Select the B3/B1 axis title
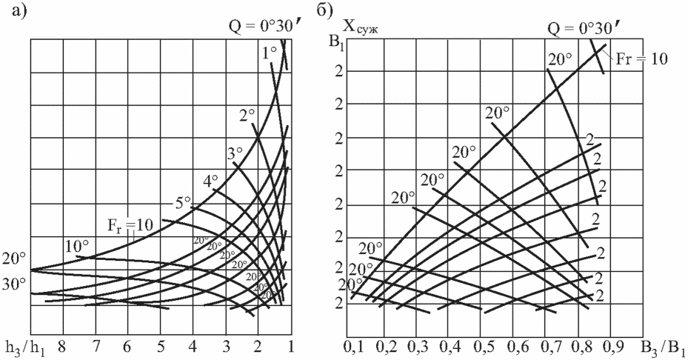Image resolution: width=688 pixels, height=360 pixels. pyautogui.click(x=664, y=346)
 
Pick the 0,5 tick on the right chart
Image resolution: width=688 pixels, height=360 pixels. pyautogui.click(x=481, y=347)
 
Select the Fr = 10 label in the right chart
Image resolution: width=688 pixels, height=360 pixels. pyautogui.click(x=641, y=59)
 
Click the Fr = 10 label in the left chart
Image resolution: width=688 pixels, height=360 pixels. pyautogui.click(x=130, y=226)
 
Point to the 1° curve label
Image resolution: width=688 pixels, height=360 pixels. pyautogui.click(x=270, y=53)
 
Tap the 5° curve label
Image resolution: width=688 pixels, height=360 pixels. pyautogui.click(x=183, y=203)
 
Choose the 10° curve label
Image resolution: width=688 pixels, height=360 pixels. pyautogui.click(x=77, y=246)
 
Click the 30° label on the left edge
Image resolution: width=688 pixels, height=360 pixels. pyautogui.click(x=15, y=282)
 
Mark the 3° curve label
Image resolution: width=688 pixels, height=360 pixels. pyautogui.click(x=236, y=153)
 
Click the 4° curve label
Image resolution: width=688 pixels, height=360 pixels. pyautogui.click(x=210, y=181)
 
